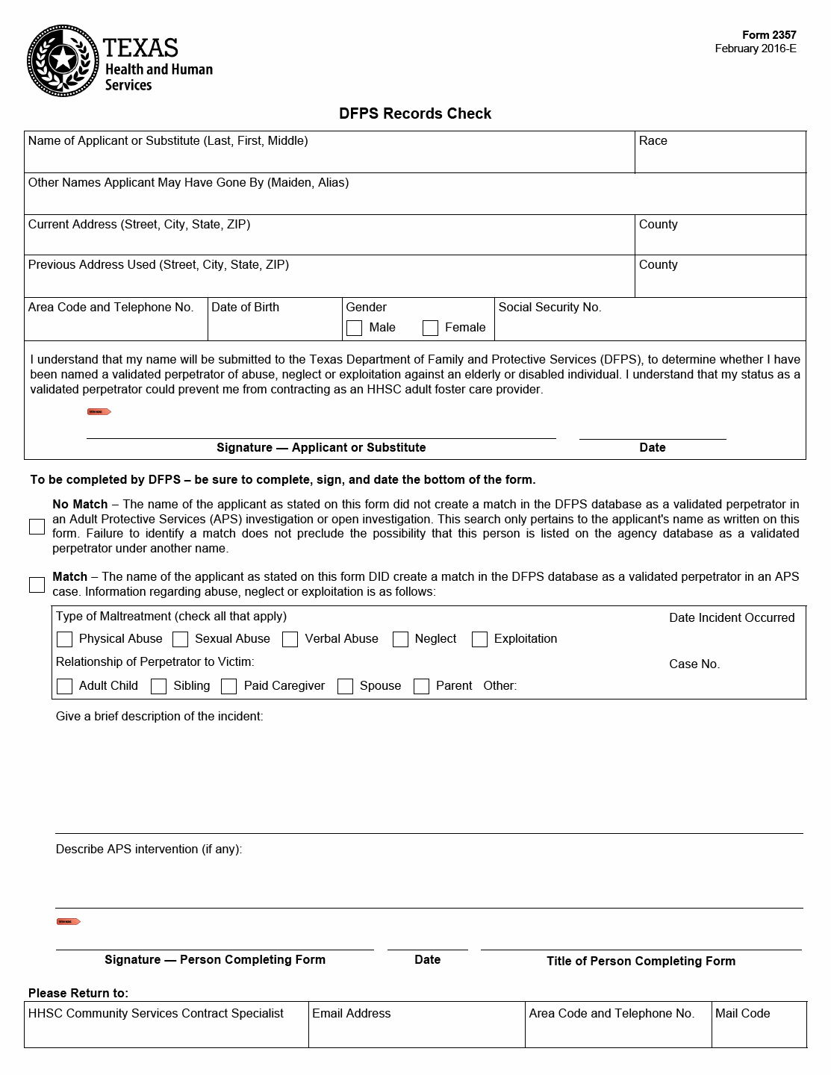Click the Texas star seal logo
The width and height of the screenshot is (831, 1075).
tap(63, 60)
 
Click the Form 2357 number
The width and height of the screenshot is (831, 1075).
tap(769, 35)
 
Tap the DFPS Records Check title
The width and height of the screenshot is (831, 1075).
tap(415, 113)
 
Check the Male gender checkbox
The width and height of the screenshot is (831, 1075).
tap(355, 328)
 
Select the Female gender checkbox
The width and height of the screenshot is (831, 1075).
tap(430, 328)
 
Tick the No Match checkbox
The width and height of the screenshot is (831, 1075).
tap(37, 526)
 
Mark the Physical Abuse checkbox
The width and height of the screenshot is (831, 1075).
tap(65, 639)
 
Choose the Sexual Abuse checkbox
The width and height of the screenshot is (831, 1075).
tap(181, 639)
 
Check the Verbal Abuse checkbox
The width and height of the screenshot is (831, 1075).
tap(290, 639)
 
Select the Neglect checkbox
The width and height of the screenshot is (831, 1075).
tap(401, 639)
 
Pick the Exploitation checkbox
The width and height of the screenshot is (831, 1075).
tap(480, 639)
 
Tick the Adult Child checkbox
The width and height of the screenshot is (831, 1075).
tap(65, 686)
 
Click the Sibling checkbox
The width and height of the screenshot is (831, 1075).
tap(159, 686)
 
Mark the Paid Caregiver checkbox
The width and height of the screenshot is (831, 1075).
tap(229, 686)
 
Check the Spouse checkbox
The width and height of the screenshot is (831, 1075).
tap(345, 686)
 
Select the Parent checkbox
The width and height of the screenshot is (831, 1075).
tap(422, 686)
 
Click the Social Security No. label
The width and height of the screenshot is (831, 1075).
tap(550, 308)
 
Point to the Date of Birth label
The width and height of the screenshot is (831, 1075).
tap(245, 308)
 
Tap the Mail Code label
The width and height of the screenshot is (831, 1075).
tap(742, 1014)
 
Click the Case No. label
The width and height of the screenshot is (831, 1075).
tap(694, 664)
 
